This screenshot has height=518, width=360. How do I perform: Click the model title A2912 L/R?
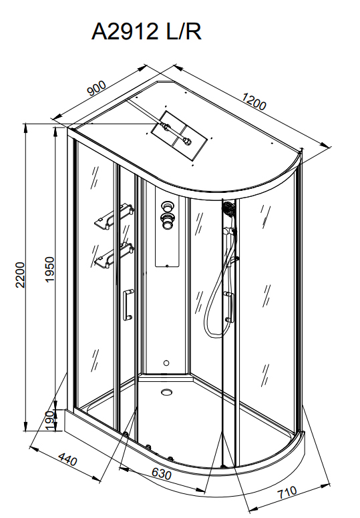click(146, 31)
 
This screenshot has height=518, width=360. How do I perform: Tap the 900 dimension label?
click(97, 88)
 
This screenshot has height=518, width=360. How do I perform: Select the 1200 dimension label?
click(254, 101)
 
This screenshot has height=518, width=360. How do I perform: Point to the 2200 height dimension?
click(21, 275)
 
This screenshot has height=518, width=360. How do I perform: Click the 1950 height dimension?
click(49, 269)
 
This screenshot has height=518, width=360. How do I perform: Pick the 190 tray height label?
click(50, 421)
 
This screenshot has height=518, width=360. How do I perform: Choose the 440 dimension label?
click(67, 459)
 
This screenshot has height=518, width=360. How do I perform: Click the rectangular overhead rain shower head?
click(180, 136)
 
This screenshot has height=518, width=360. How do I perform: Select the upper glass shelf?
click(114, 216)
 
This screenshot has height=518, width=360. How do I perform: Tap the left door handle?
click(128, 304)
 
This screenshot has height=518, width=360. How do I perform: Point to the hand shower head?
click(228, 210)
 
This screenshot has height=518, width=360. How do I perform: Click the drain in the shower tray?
click(166, 392)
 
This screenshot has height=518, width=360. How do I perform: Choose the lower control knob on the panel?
click(166, 220)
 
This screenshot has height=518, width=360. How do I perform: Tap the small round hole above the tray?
click(166, 363)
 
